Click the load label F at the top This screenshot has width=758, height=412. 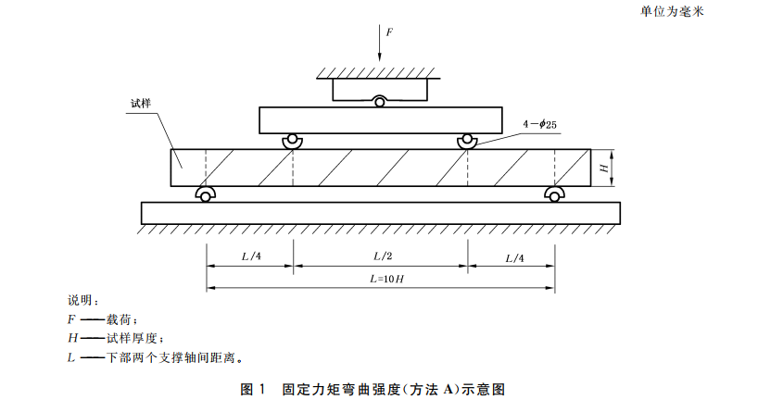click(389, 31)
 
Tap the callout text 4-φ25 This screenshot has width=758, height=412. click(540, 124)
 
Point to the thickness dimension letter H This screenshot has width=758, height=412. click(604, 168)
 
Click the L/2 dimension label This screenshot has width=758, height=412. click(381, 256)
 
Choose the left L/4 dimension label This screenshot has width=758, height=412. click(250, 256)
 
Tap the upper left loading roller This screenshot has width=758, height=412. click(293, 141)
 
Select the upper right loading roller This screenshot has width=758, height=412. click(467, 141)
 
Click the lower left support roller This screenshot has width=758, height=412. click(205, 194)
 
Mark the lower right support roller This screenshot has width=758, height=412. click(554, 194)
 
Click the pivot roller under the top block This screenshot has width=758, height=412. click(380, 101)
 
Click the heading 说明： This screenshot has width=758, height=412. click(82, 301)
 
